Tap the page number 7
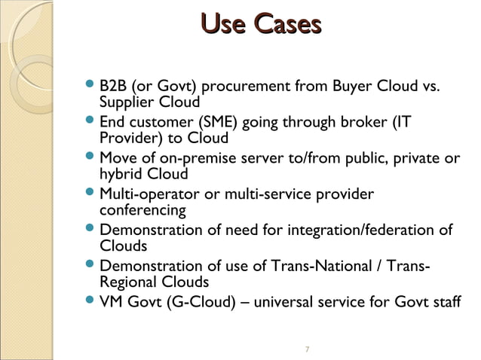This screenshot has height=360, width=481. [x=306, y=349]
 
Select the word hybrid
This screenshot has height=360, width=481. [x=121, y=175]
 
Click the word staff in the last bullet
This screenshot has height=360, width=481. [x=444, y=302]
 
